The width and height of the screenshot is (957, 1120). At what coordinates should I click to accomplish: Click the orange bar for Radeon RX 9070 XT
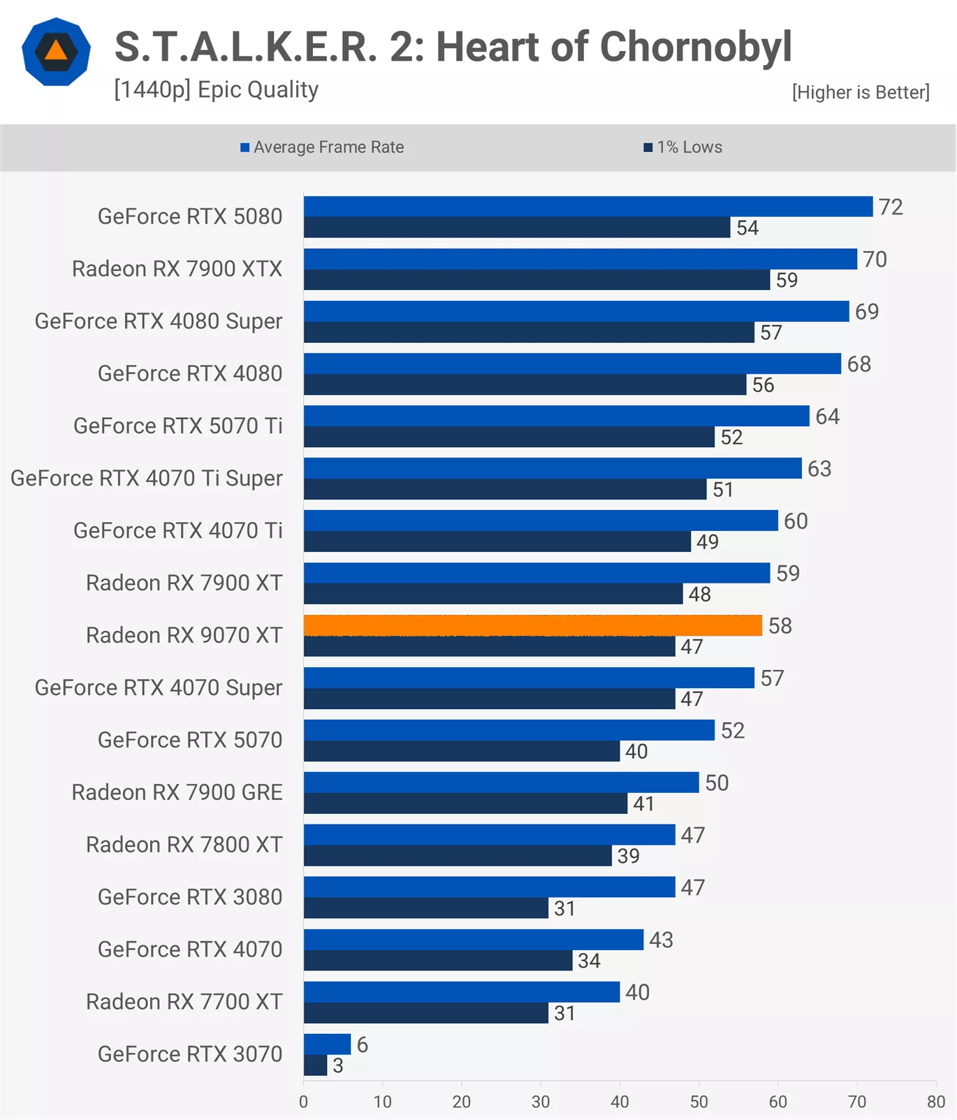pyautogui.click(x=532, y=625)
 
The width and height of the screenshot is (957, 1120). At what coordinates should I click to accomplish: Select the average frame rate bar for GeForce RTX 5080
pyautogui.click(x=587, y=207)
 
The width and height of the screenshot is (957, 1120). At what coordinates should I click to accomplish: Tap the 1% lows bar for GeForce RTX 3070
pyautogui.click(x=315, y=1066)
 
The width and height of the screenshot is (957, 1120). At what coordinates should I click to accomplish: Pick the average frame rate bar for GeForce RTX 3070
pyautogui.click(x=327, y=1044)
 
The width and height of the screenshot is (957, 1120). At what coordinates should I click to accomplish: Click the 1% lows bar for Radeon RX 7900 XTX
pyautogui.click(x=536, y=280)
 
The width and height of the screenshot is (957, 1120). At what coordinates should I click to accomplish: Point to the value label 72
pyautogui.click(x=891, y=207)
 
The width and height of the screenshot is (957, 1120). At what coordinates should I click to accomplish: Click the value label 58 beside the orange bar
pyautogui.click(x=780, y=626)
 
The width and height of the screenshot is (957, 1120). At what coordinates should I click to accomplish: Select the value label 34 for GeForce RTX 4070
pyautogui.click(x=589, y=961)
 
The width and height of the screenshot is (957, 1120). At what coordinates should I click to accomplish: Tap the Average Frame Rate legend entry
pyautogui.click(x=322, y=147)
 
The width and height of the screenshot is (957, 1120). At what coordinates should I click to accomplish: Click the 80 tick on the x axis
pyautogui.click(x=935, y=1102)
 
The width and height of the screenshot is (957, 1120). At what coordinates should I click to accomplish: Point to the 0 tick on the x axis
pyautogui.click(x=303, y=1102)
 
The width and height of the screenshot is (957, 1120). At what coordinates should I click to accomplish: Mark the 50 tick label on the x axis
pyautogui.click(x=699, y=1102)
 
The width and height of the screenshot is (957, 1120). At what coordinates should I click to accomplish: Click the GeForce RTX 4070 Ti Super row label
pyautogui.click(x=147, y=479)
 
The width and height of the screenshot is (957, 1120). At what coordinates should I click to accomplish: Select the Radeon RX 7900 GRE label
pyautogui.click(x=177, y=792)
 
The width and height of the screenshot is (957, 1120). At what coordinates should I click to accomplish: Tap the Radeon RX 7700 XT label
pyautogui.click(x=184, y=1002)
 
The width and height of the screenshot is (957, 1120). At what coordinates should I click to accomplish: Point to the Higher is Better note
pyautogui.click(x=861, y=92)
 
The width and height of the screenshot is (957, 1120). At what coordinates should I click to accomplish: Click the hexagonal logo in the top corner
pyautogui.click(x=56, y=52)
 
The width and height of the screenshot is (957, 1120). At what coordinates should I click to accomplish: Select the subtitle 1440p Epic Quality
pyautogui.click(x=217, y=89)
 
